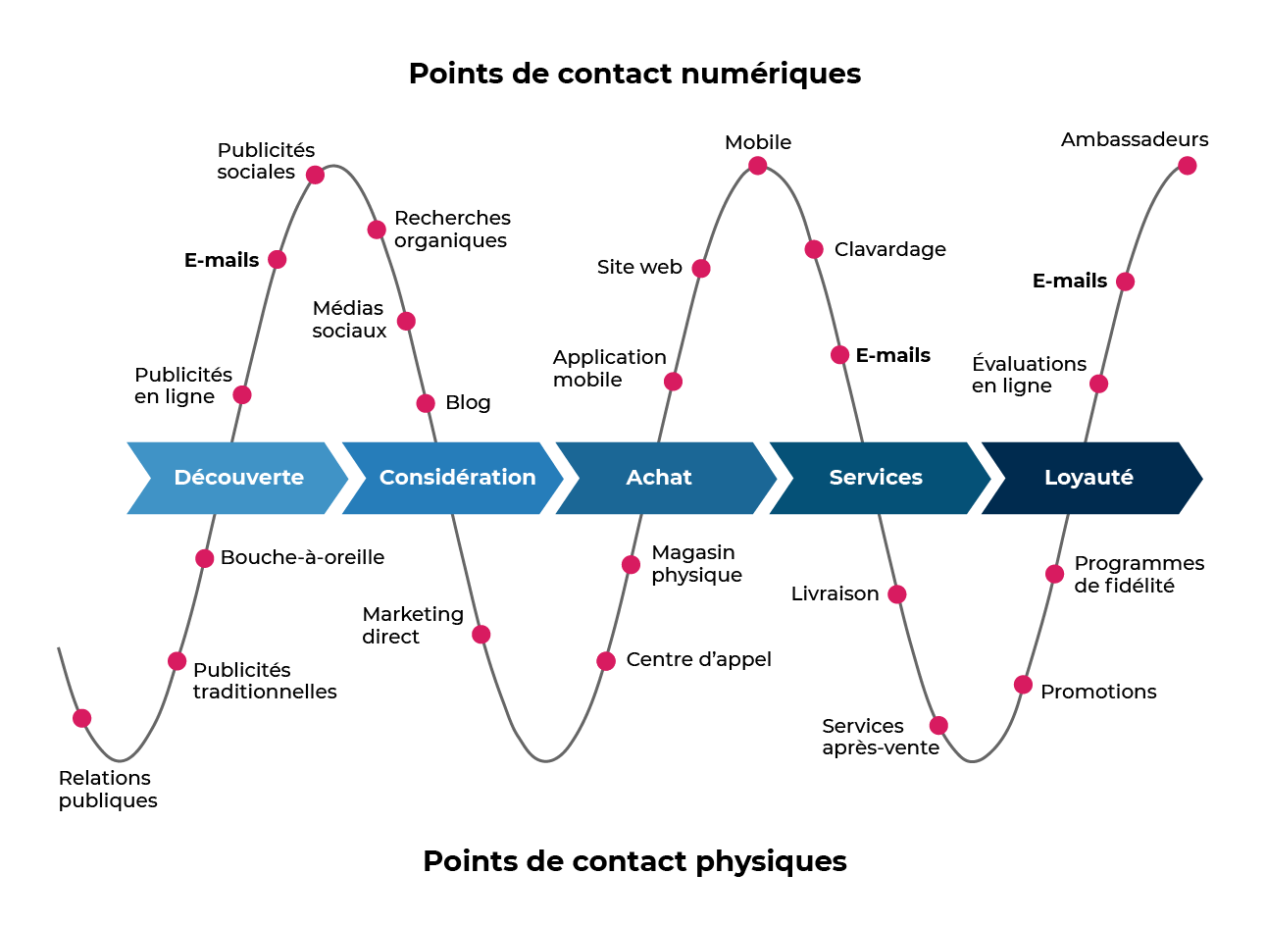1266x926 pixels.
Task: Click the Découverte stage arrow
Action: click(238, 478)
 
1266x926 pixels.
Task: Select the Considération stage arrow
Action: click(457, 478)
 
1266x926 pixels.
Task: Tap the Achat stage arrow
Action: click(659, 478)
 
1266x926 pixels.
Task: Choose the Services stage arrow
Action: click(876, 478)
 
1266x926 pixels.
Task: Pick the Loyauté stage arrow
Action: click(1089, 478)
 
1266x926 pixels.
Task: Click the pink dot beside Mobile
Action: click(758, 166)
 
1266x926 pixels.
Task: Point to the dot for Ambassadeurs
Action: click(1188, 166)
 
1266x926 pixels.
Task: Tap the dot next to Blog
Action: click(426, 403)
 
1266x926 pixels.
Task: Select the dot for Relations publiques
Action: click(82, 718)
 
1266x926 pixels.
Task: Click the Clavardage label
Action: click(889, 249)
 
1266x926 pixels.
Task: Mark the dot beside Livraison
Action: click(897, 594)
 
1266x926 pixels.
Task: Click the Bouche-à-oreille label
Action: click(302, 557)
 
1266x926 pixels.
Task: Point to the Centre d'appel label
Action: click(698, 659)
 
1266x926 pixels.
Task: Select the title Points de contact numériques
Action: click(634, 74)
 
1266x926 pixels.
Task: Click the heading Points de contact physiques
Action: click(634, 860)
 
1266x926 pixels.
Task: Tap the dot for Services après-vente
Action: click(938, 726)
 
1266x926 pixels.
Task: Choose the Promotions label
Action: click(1098, 692)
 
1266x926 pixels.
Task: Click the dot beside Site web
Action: click(701, 269)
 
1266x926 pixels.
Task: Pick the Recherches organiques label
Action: click(452, 229)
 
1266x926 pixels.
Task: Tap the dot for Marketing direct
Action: click(481, 635)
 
